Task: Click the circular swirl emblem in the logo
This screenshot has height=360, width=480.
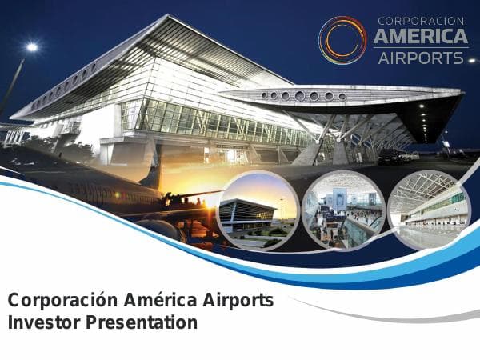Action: coord(342,39)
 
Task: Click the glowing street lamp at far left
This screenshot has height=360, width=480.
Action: coord(31,47)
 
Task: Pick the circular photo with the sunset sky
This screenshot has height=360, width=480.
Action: coord(258,210)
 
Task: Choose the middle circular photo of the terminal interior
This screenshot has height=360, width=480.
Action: coord(342,210)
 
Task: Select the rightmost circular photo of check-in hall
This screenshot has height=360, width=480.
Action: coord(429,210)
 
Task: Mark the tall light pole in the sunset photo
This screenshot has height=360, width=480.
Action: coord(281,209)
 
